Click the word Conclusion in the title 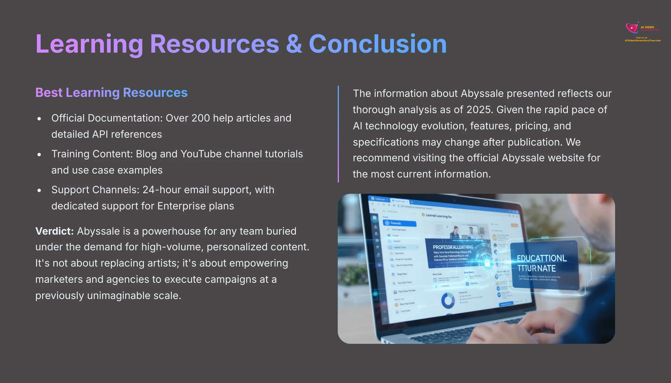pos(377,44)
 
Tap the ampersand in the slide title pos(294,44)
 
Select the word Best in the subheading pos(49,93)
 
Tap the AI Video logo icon pos(632,28)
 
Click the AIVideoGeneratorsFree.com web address pos(642,41)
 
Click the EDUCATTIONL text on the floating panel pos(542,258)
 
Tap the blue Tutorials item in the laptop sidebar pos(399,223)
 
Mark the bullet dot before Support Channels pos(39,190)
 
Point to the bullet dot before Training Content pos(39,155)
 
